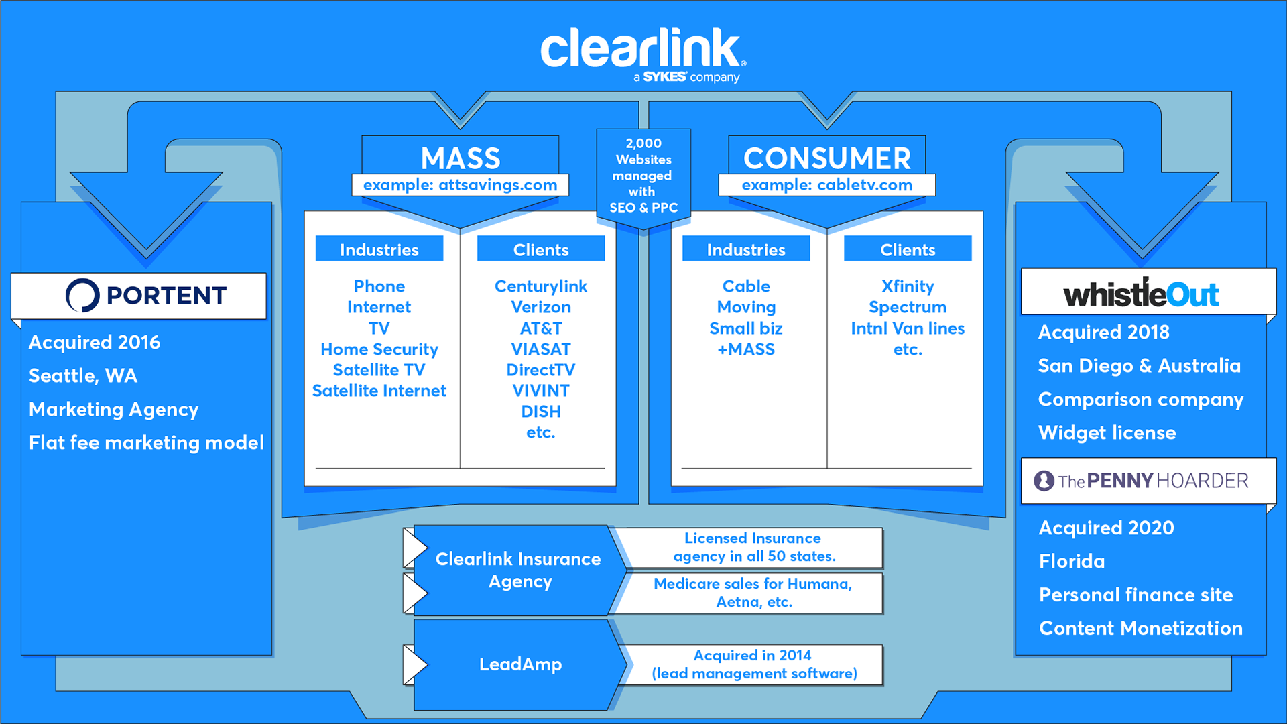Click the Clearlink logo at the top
pyautogui.click(x=642, y=51)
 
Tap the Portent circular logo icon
pyautogui.click(x=82, y=295)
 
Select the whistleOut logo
pyautogui.click(x=1141, y=294)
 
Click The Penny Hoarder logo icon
pyautogui.click(x=1044, y=481)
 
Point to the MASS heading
pyautogui.click(x=461, y=158)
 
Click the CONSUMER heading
pyautogui.click(x=826, y=158)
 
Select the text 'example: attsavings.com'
pyautogui.click(x=460, y=185)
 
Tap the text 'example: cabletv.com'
pyautogui.click(x=826, y=185)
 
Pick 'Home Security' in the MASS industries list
pyautogui.click(x=379, y=349)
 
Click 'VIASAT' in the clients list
pyautogui.click(x=541, y=349)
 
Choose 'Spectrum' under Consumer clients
pyautogui.click(x=908, y=307)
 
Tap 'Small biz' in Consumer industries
pyautogui.click(x=746, y=328)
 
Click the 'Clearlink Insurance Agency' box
pyautogui.click(x=517, y=570)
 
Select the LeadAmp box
pyautogui.click(x=520, y=664)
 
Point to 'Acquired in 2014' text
pyautogui.click(x=752, y=655)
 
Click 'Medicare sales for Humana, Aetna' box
pyautogui.click(x=753, y=593)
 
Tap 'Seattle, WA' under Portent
pyautogui.click(x=83, y=375)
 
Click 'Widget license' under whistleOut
pyautogui.click(x=1107, y=432)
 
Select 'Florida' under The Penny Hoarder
pyautogui.click(x=1072, y=561)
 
